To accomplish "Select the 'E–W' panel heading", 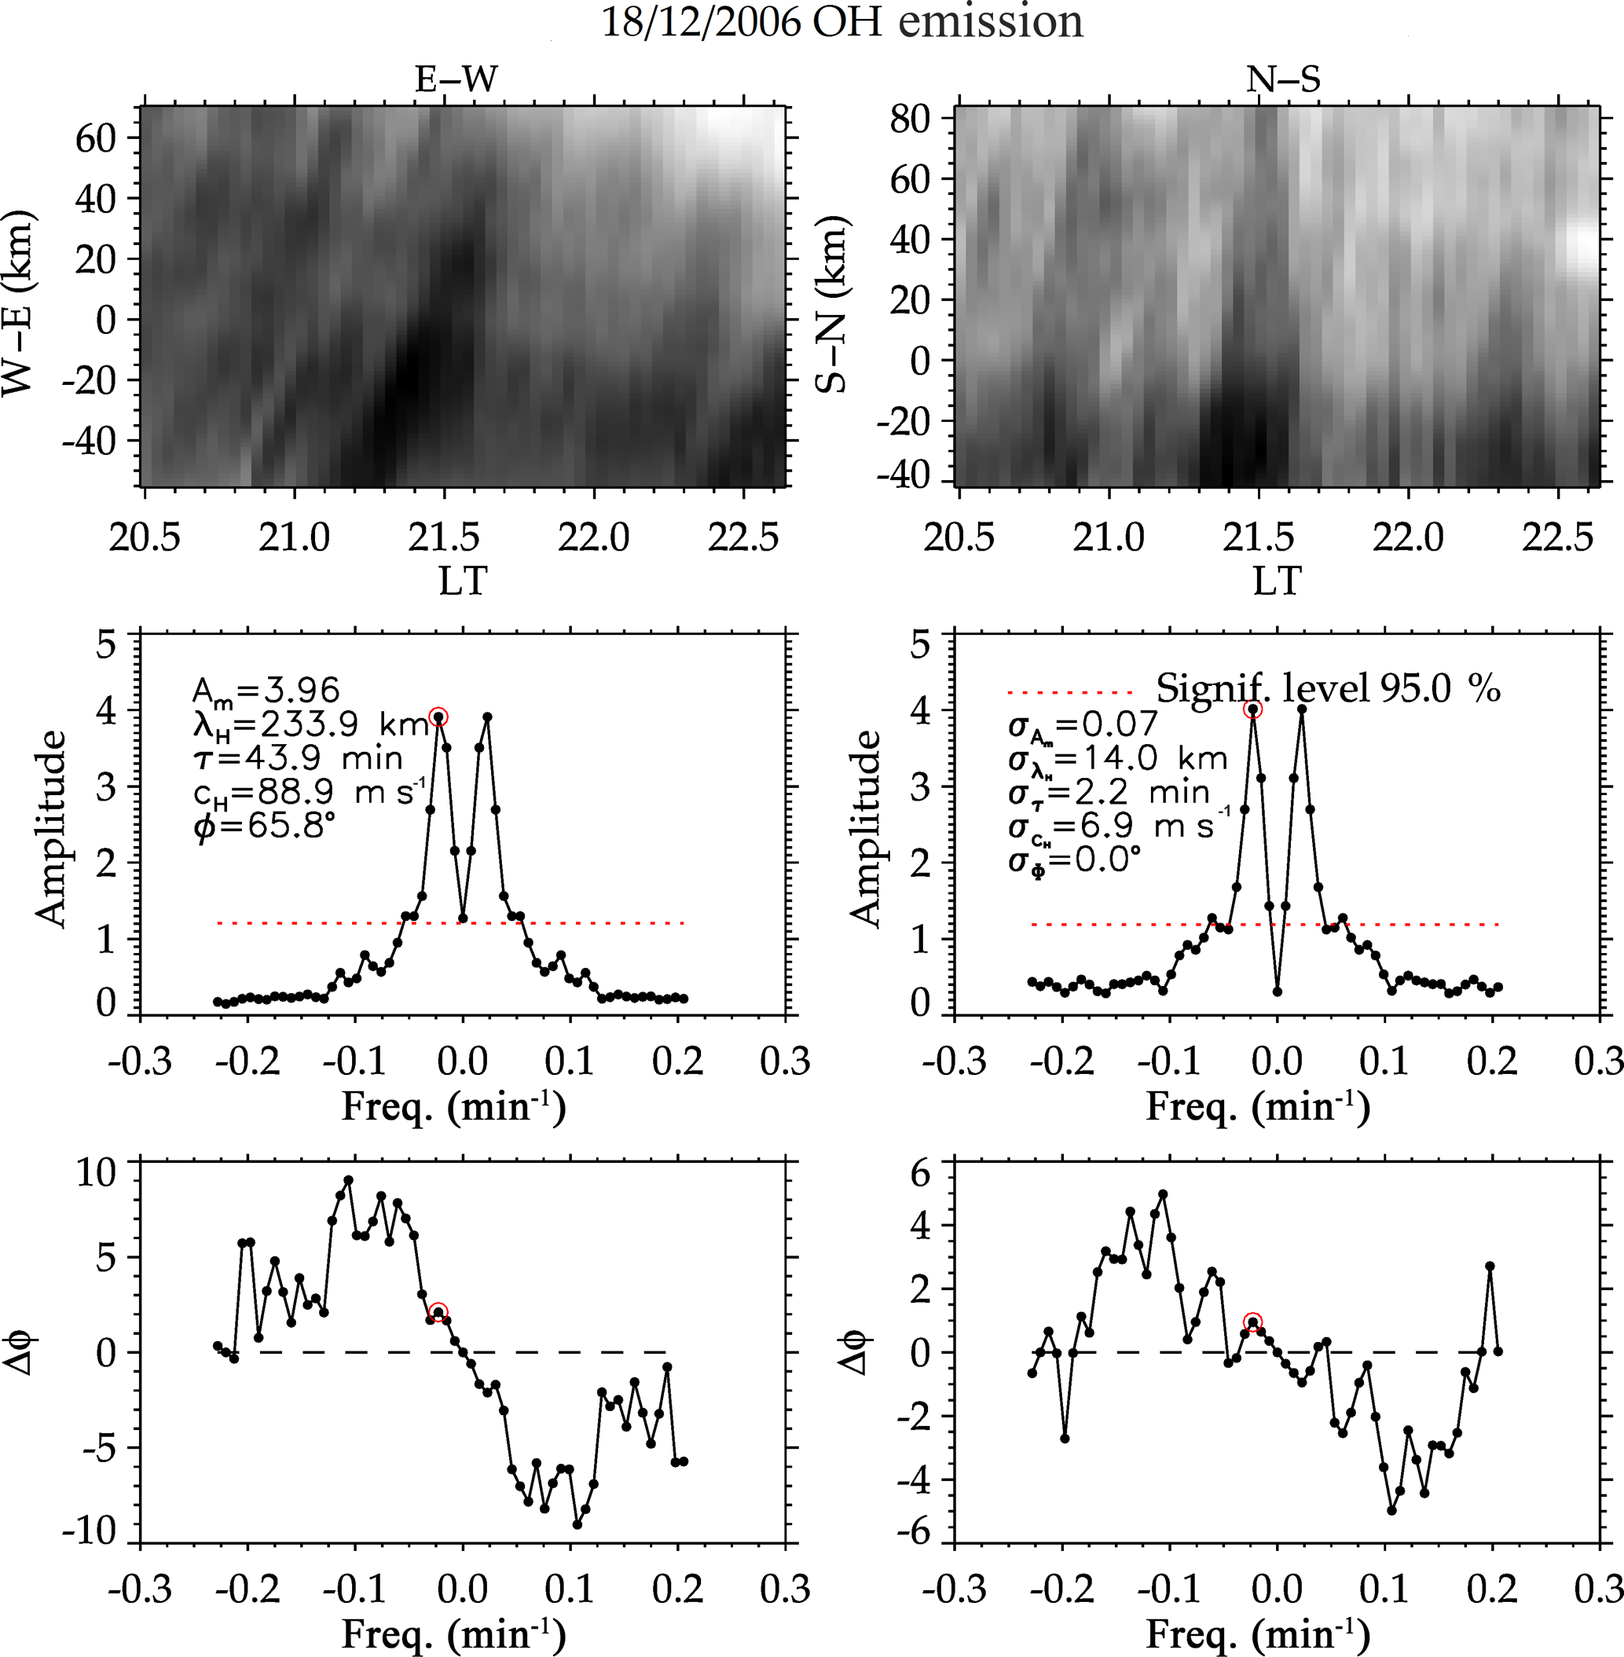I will click(x=456, y=80).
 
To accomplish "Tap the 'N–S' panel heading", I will click(x=1283, y=80).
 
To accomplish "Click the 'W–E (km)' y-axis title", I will click(x=19, y=302).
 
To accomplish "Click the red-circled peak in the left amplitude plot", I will click(x=438, y=717).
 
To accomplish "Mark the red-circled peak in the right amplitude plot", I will click(x=1253, y=709).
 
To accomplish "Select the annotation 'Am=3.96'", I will click(x=266, y=690).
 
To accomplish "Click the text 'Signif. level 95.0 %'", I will click(x=1327, y=688).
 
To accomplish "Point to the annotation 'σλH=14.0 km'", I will click(x=1117, y=759).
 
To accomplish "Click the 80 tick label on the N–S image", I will click(x=909, y=119).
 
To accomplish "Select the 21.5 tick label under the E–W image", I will click(x=444, y=538).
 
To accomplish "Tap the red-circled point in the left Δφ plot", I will click(x=438, y=1312).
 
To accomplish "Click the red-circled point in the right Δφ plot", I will click(x=1253, y=1323).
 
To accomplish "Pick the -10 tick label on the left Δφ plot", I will click(x=89, y=1531).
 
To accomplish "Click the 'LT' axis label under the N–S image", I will click(x=1277, y=581).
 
